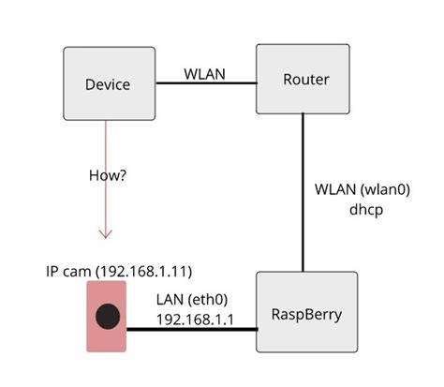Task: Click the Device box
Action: tap(109, 84)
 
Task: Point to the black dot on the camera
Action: tap(108, 317)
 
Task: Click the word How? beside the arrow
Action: tap(108, 175)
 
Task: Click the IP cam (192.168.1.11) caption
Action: tap(119, 272)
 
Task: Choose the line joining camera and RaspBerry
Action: tap(191, 330)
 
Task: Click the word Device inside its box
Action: tap(108, 85)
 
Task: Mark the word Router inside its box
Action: tap(305, 79)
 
